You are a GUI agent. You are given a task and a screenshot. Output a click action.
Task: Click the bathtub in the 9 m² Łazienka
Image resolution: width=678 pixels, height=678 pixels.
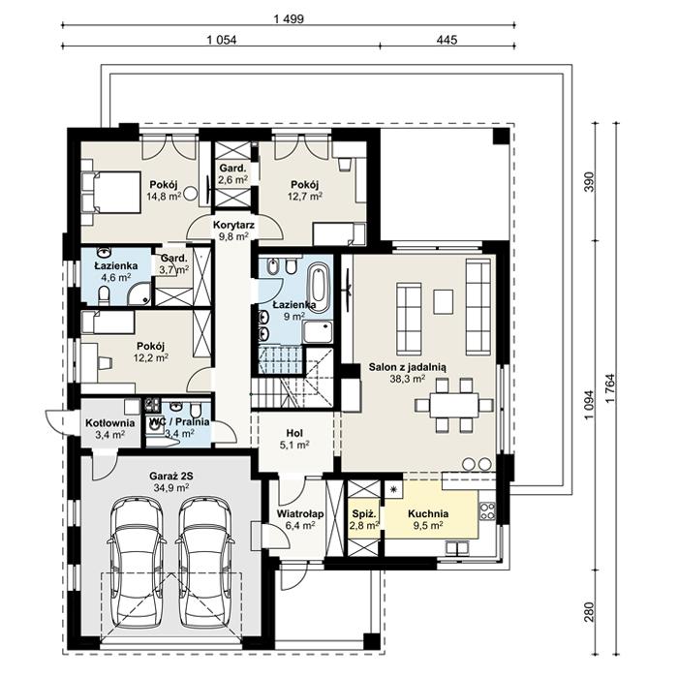318,284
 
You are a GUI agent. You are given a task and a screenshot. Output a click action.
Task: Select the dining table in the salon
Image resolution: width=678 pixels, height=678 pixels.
455,401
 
